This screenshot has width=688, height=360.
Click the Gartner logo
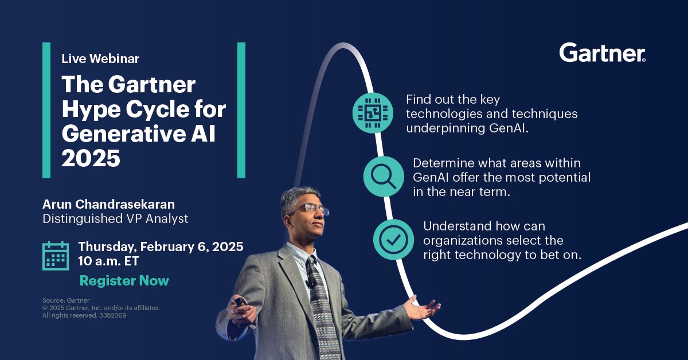tap(602, 53)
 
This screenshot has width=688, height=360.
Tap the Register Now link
tap(124, 281)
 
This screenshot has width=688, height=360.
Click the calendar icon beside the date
tap(56, 255)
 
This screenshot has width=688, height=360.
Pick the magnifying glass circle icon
tap(380, 176)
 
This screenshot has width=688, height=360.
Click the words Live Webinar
tap(100, 58)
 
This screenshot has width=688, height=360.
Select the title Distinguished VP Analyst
tap(115, 218)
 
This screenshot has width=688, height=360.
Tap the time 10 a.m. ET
tap(108, 261)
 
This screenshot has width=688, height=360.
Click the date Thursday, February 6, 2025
tap(161, 246)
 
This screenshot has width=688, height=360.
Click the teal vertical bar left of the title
tap(46, 110)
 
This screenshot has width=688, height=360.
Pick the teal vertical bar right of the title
tap(241, 110)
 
